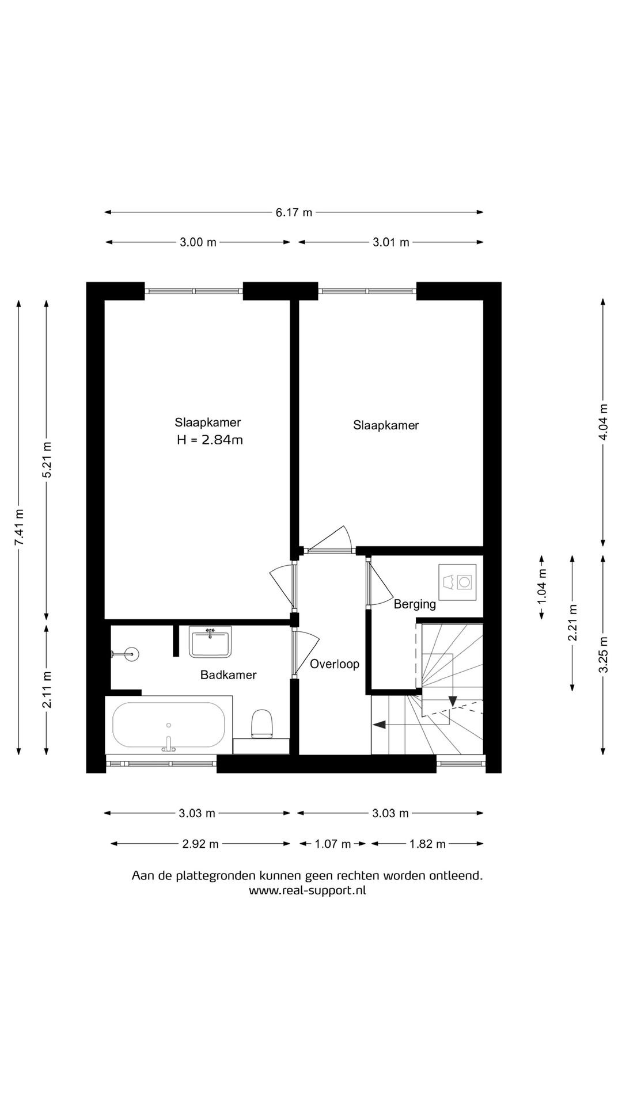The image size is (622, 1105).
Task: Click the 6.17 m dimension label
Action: (294, 212)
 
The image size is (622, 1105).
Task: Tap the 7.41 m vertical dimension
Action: (19, 527)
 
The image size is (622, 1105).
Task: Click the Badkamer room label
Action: (228, 675)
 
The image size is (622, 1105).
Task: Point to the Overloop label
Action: (335, 664)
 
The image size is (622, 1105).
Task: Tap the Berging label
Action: (415, 604)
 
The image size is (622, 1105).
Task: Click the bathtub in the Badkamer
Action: (169, 725)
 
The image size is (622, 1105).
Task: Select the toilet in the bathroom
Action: (261, 723)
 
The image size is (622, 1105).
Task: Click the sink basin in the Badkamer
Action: (210, 642)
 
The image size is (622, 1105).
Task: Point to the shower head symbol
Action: (131, 653)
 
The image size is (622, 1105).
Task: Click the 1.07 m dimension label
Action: (333, 844)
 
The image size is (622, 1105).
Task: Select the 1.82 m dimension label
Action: (427, 844)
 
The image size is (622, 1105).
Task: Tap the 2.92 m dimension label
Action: (200, 844)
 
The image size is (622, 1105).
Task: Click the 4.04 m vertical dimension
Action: (603, 421)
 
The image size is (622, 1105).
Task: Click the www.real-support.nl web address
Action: (308, 890)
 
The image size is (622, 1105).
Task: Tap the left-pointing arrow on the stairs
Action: (380, 725)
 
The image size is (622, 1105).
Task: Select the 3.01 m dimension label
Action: (390, 242)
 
